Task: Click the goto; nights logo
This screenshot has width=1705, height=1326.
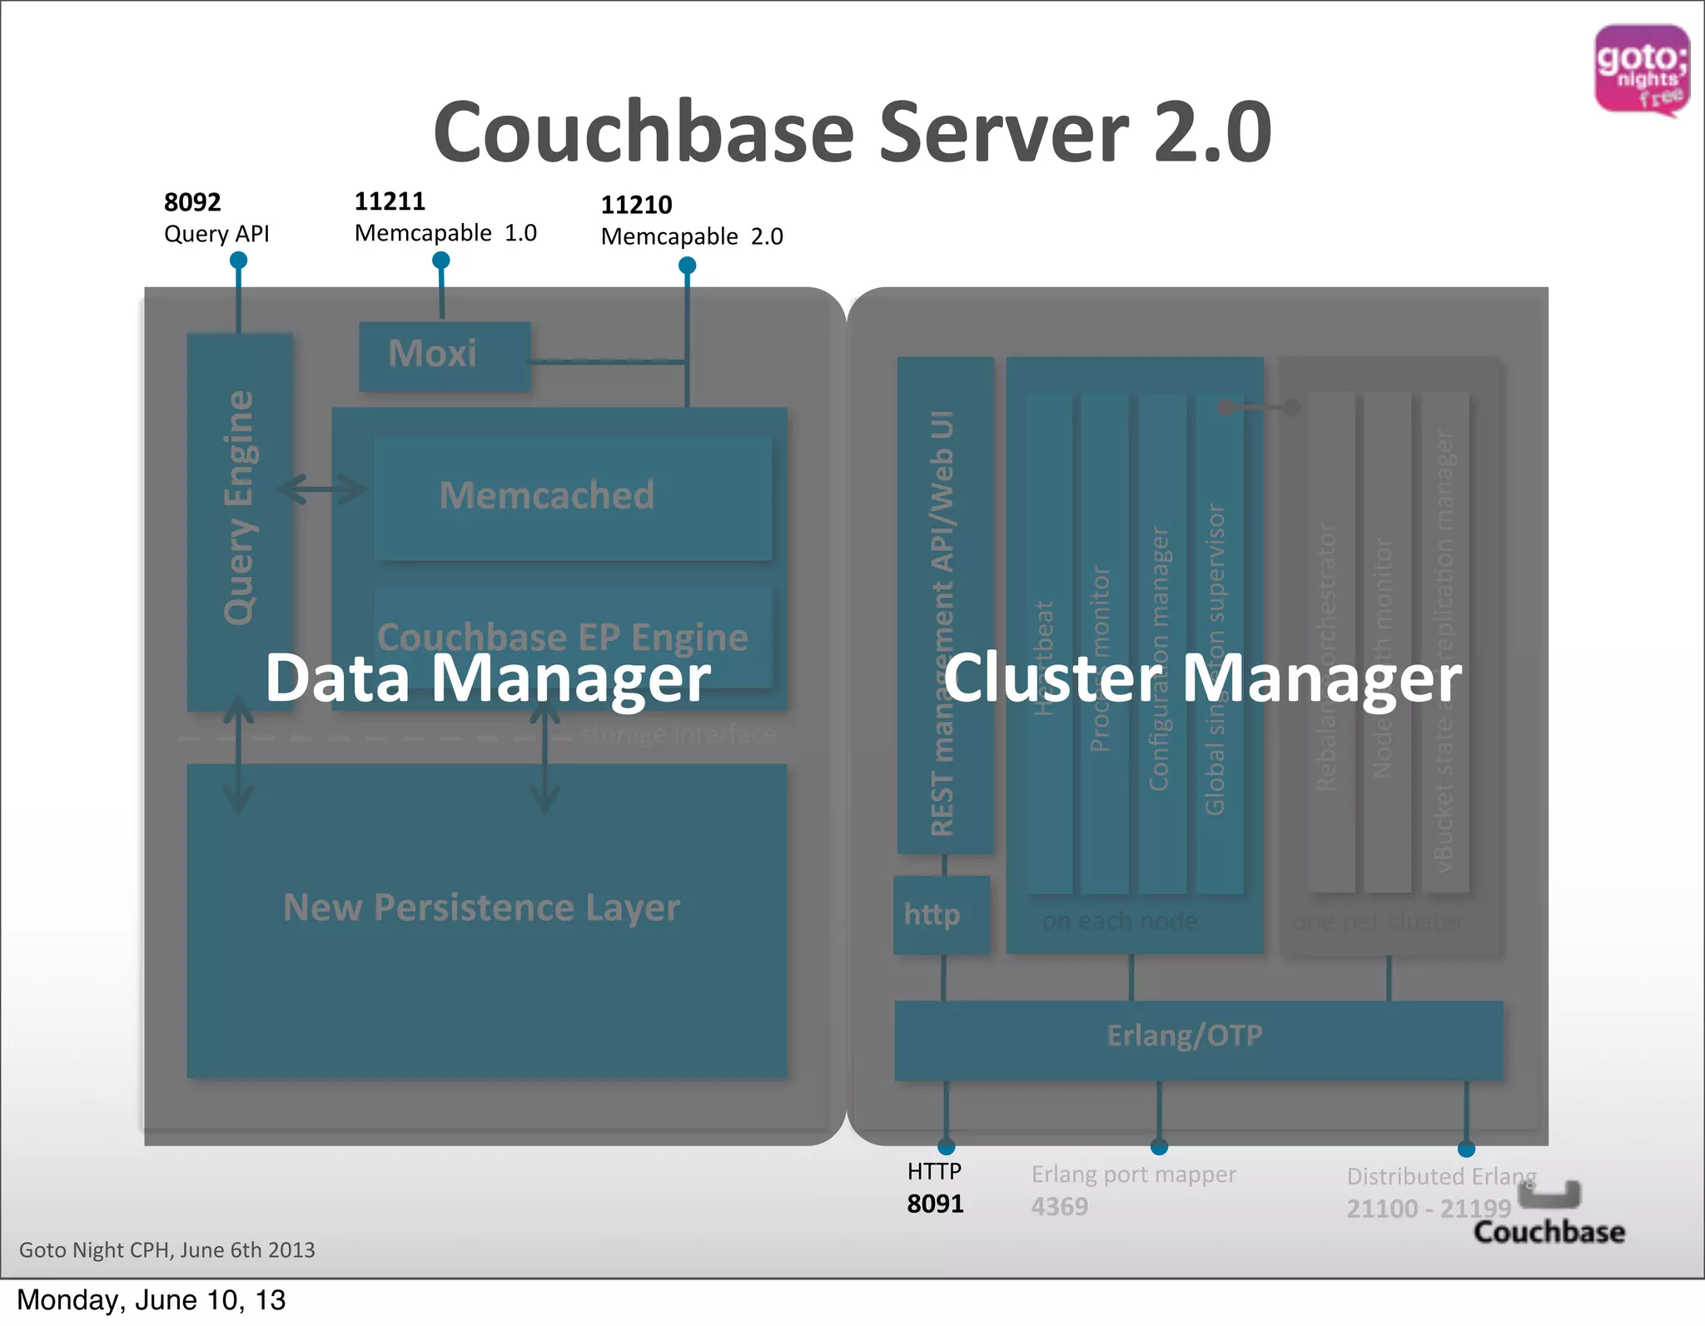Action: [1641, 70]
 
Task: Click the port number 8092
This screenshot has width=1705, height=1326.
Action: [192, 202]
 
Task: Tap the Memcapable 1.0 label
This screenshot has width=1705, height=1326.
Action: [445, 233]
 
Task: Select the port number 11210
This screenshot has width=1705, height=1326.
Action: [636, 205]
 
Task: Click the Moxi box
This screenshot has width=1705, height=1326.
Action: [444, 355]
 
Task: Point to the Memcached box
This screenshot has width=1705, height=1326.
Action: [572, 497]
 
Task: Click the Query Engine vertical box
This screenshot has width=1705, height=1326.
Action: [239, 508]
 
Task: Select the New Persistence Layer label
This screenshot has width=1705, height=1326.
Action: [481, 907]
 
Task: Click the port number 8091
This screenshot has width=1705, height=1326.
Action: [935, 1204]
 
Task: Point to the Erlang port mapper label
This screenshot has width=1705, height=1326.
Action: [1133, 1175]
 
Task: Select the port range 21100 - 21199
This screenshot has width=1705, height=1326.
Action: [1428, 1209]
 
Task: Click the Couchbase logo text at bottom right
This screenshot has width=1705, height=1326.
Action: [1548, 1232]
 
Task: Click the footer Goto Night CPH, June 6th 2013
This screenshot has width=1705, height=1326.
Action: [167, 1250]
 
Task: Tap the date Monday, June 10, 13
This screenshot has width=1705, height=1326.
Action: [151, 1300]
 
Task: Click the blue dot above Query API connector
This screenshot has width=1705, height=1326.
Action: [238, 261]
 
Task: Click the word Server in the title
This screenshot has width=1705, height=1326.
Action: [1003, 133]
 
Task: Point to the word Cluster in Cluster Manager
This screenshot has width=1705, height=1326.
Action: [1052, 678]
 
